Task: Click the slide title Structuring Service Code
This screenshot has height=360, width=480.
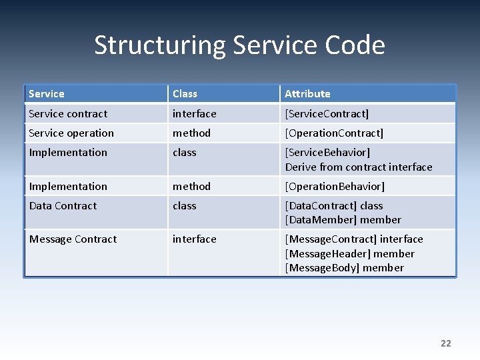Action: click(x=239, y=45)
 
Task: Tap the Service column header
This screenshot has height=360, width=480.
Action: click(x=47, y=94)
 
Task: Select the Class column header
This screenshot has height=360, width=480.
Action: click(x=185, y=94)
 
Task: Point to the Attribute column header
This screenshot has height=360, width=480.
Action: click(x=307, y=94)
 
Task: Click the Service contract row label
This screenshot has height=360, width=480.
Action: click(x=68, y=114)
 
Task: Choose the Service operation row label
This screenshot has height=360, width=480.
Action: click(x=71, y=133)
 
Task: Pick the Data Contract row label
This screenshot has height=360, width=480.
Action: click(x=63, y=206)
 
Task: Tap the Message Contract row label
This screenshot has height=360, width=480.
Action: click(x=73, y=239)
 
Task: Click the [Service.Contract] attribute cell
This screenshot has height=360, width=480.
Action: click(x=327, y=114)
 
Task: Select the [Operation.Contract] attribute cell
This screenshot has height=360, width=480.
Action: click(x=334, y=133)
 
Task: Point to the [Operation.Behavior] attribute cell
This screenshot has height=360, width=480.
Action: click(x=335, y=187)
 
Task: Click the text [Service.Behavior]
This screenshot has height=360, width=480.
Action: click(x=327, y=153)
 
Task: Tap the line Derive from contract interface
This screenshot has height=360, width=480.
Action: click(x=359, y=167)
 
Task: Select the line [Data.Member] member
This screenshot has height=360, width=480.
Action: click(x=343, y=220)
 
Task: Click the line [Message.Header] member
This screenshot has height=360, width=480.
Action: click(x=349, y=254)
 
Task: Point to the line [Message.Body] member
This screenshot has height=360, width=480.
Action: click(x=344, y=268)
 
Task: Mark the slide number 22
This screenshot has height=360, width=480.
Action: click(x=445, y=343)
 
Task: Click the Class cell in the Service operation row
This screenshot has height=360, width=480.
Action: click(x=191, y=133)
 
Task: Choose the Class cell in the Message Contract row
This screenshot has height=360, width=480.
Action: click(x=194, y=239)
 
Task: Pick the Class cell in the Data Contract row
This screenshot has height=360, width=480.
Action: click(x=185, y=206)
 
